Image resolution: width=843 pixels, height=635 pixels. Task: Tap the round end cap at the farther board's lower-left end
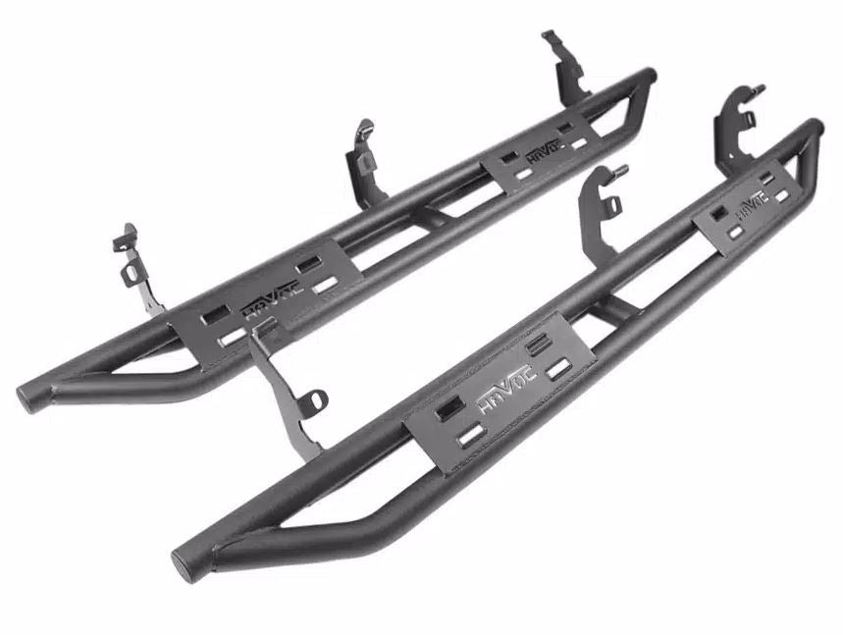26,397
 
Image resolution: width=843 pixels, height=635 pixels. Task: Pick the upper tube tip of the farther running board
649,75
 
